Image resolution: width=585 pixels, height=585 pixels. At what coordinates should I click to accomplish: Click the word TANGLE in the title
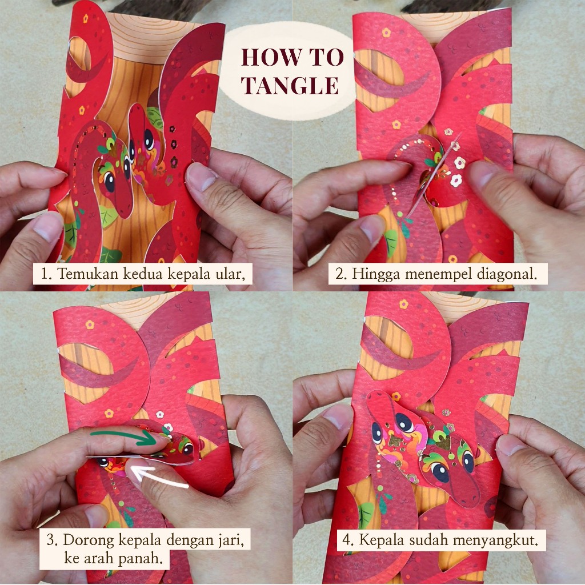[x=290, y=85]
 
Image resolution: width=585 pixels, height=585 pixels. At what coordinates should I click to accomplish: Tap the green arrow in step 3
[x=124, y=437]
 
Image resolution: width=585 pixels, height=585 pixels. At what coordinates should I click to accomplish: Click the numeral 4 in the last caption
[x=347, y=540]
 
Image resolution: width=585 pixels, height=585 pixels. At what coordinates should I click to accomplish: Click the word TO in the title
[x=326, y=57]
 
